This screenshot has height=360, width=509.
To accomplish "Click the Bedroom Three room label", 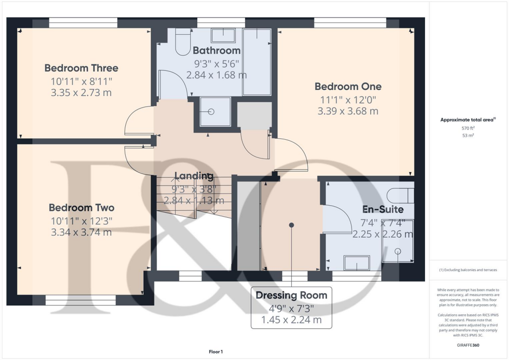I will [81, 68].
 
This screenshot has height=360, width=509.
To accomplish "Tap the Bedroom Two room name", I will [81, 208].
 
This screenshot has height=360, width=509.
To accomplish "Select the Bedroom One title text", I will [348, 87].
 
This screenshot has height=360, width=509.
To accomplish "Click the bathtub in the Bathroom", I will [256, 61].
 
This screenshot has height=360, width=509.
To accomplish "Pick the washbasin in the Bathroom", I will [223, 35].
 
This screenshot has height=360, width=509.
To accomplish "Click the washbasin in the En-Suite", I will [356, 263].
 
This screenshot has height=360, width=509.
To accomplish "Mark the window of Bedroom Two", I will [81, 300].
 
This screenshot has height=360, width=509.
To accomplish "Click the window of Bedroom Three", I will [83, 23].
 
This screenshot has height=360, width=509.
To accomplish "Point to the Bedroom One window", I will [350, 23].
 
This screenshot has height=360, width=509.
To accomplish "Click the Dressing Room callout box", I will [291, 307].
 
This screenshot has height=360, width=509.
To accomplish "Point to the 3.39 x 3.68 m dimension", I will [348, 111].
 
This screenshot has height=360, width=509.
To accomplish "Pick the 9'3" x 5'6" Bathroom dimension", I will [216, 64].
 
